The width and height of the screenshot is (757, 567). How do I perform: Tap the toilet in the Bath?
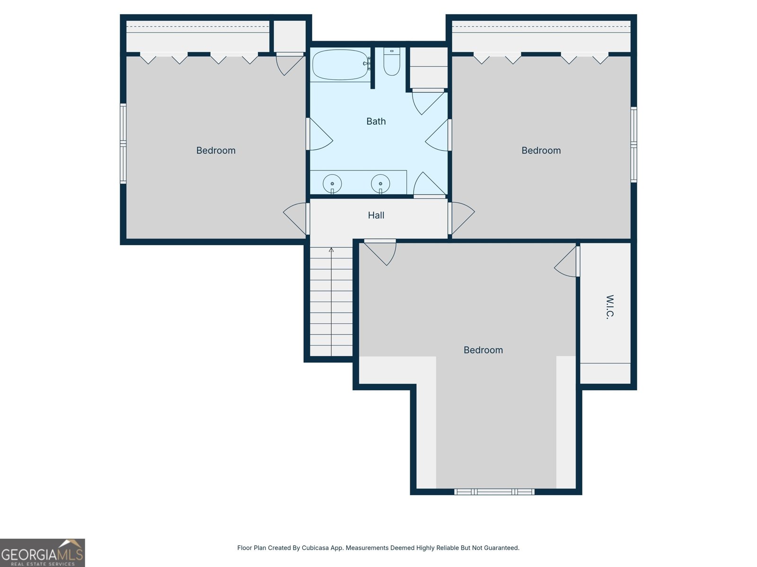click(392, 63)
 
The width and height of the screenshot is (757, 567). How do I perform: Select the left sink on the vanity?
click(332, 183)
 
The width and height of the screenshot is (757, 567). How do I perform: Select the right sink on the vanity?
click(380, 183)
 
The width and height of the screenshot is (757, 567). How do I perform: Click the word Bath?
click(376, 121)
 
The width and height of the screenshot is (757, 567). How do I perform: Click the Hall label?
click(376, 215)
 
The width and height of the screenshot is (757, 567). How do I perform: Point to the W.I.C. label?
click(610, 307)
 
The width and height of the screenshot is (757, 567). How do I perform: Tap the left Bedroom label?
click(216, 151)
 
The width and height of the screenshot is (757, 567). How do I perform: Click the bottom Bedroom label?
click(483, 350)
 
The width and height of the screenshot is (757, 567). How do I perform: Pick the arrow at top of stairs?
click(331, 250)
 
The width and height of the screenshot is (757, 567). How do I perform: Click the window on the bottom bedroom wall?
click(494, 492)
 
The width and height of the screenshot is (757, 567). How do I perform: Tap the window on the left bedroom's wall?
click(123, 144)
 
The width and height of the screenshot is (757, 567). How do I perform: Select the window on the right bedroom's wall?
click(634, 145)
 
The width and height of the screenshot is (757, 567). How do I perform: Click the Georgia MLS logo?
click(42, 553)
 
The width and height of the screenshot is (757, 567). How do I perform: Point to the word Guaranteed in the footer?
click(501, 548)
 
